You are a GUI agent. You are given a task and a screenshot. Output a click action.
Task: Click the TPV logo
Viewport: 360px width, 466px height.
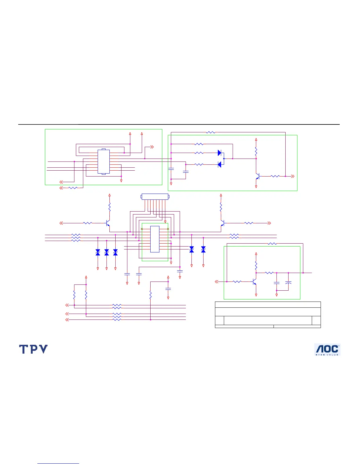pyautogui.click(x=33, y=349)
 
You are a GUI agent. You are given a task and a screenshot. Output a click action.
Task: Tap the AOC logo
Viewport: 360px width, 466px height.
pyautogui.click(x=327, y=349)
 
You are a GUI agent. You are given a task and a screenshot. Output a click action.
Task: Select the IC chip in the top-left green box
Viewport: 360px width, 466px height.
pyautogui.click(x=104, y=162)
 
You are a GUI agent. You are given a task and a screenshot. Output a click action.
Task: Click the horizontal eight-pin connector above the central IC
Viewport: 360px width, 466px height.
pyautogui.click(x=155, y=197)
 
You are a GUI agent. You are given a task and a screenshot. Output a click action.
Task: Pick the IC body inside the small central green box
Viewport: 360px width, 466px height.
pyautogui.click(x=155, y=239)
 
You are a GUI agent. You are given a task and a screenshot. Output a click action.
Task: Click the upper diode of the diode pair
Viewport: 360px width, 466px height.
pyautogui.click(x=219, y=153)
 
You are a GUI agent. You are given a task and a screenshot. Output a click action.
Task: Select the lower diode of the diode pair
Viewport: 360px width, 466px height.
pyautogui.click(x=219, y=164)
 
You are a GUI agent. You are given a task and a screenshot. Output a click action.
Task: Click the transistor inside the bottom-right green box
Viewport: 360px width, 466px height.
pyautogui.click(x=254, y=282)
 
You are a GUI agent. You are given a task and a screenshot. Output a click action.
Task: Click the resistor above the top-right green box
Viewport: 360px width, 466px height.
pyautogui.click(x=211, y=132)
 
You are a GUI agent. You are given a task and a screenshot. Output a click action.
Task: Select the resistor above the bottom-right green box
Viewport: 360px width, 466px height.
pyautogui.click(x=272, y=244)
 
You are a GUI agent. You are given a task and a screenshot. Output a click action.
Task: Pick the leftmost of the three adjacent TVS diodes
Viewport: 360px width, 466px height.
pyautogui.click(x=98, y=252)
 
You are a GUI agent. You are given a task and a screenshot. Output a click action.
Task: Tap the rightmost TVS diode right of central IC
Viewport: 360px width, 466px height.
pyautogui.click(x=203, y=249)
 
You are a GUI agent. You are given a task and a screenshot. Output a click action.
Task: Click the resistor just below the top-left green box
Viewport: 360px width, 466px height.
pyautogui.click(x=73, y=188)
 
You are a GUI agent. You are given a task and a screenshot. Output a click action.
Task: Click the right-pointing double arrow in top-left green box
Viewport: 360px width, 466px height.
pyautogui.click(x=152, y=147)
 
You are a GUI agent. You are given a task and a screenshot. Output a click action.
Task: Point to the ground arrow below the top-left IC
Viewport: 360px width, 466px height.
pyautogui.click(x=121, y=180)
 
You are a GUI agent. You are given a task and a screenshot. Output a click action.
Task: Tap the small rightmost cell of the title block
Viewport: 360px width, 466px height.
pyautogui.click(x=316, y=320)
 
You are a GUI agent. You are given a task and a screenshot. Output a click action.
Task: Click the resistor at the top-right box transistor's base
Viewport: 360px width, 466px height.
pyautogui.click(x=275, y=176)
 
